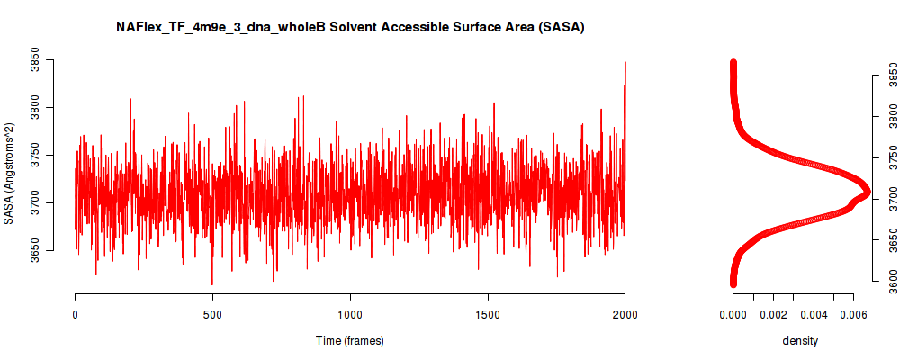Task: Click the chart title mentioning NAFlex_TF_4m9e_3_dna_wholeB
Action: point(350,27)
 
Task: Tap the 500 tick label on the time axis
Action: point(212,315)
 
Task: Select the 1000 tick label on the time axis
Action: point(350,315)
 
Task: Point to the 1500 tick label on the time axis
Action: point(488,315)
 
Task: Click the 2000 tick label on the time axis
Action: point(625,315)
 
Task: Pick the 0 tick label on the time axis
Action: point(76,315)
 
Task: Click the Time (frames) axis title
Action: point(350,340)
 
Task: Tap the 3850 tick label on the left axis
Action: point(36,59)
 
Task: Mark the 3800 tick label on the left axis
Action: point(36,107)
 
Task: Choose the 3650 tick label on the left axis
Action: point(36,250)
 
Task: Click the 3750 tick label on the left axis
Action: point(36,155)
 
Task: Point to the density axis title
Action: point(801,340)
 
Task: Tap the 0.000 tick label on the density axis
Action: point(733,315)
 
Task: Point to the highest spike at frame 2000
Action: point(625,62)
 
